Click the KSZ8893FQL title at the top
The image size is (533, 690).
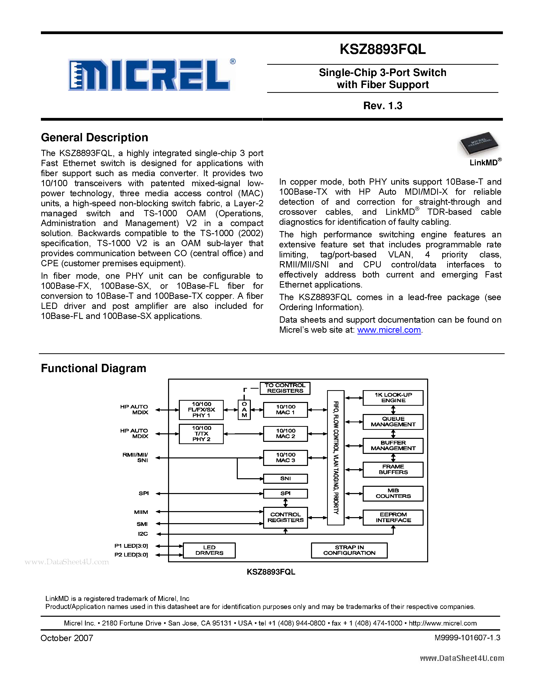click(x=383, y=49)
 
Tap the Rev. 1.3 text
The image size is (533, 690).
click(x=383, y=106)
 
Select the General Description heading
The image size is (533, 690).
click(x=94, y=138)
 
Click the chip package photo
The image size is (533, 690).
click(x=479, y=144)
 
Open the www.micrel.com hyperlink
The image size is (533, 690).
click(x=389, y=330)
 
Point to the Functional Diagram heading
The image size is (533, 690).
click(x=94, y=368)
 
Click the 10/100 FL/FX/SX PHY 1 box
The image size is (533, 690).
click(x=201, y=410)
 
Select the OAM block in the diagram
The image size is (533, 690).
click(x=244, y=410)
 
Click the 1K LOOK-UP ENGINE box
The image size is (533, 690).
click(x=393, y=398)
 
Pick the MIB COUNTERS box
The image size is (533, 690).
click(x=393, y=494)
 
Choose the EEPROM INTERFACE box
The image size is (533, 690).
click(x=393, y=517)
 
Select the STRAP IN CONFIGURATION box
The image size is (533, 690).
click(x=349, y=550)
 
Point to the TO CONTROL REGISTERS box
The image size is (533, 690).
click(x=285, y=388)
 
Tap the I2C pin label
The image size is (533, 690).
click(x=143, y=534)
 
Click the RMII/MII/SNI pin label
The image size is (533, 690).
click(x=135, y=457)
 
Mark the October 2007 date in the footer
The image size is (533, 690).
click(x=67, y=638)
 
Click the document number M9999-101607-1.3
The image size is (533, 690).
click(x=467, y=638)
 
